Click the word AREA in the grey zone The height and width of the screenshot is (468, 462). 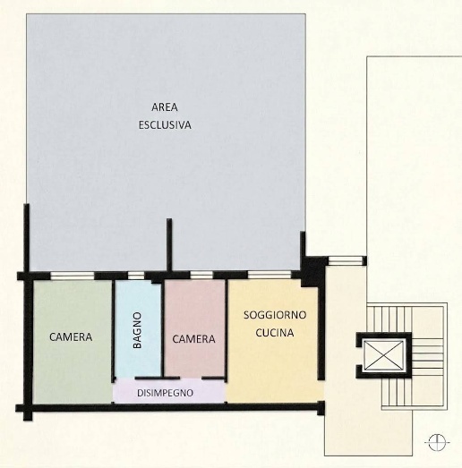(164, 107)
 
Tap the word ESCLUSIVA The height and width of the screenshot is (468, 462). (165, 124)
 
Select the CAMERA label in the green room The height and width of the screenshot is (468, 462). (71, 337)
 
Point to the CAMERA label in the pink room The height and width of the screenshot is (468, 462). (193, 339)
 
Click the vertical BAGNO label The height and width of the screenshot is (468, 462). (137, 330)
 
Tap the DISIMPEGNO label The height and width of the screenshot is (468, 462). (165, 393)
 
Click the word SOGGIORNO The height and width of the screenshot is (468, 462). (275, 315)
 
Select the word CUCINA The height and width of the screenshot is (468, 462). (275, 333)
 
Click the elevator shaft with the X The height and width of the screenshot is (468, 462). (384, 355)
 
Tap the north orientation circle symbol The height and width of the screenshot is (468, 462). (437, 442)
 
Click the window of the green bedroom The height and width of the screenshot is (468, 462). (72, 276)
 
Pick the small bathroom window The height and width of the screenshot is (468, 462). (136, 276)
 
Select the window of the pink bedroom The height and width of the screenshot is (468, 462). (201, 275)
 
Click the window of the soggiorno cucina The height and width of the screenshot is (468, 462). (269, 275)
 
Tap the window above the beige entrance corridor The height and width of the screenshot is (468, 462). (345, 260)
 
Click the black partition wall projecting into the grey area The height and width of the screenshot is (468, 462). (169, 245)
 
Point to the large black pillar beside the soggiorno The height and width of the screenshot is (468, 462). (313, 272)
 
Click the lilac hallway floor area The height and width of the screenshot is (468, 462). (168, 392)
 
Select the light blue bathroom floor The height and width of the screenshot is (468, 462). (138, 328)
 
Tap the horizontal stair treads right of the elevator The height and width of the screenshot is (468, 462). (427, 357)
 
